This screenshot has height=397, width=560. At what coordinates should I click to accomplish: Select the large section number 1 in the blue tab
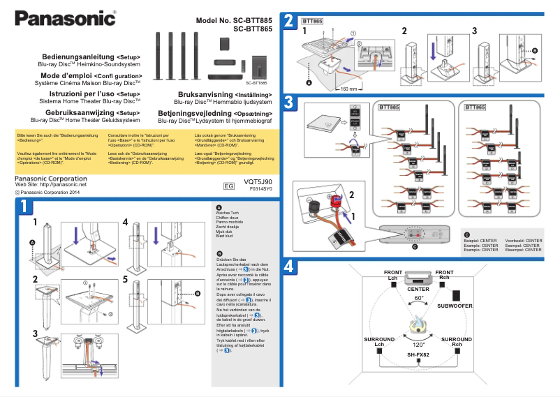coord(23,207)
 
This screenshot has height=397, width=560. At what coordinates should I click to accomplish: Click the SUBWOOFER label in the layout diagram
coord(455,306)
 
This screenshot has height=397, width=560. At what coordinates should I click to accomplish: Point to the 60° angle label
coord(419,298)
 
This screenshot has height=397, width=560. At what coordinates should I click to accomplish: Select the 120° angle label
coord(418,345)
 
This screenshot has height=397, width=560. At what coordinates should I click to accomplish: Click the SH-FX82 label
coord(418,354)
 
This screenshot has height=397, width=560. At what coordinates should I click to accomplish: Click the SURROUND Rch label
coord(457,342)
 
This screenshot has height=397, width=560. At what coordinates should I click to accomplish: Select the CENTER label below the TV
coord(418,288)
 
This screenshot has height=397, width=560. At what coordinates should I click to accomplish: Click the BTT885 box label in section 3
coord(389,108)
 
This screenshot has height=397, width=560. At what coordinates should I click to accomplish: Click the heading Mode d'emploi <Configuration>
coord(91,75)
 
